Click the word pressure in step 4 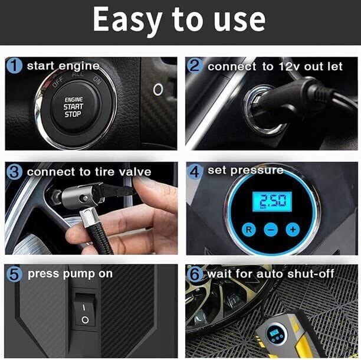pyautogui.click(x=254, y=171)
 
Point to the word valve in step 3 pyautogui.click(x=134, y=172)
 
